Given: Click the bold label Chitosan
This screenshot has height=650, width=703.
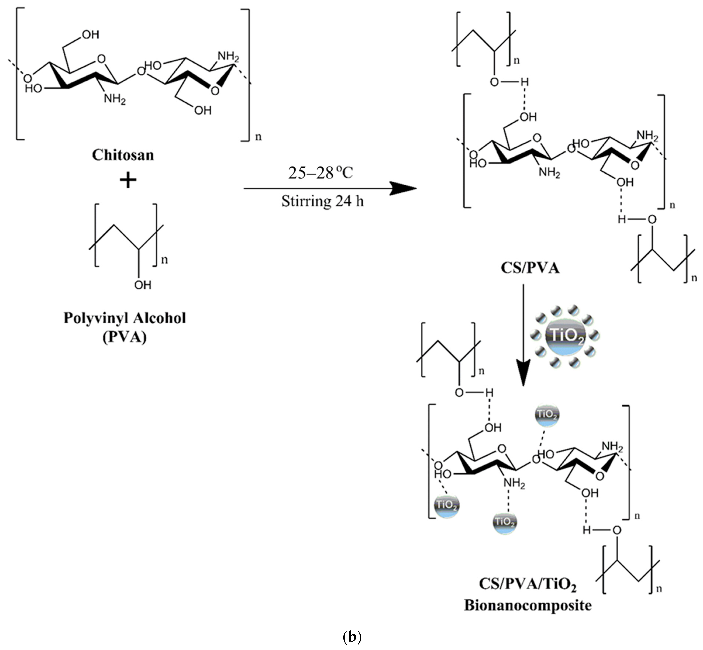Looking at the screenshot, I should (123, 155).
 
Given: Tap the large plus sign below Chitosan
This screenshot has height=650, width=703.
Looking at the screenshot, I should (128, 181).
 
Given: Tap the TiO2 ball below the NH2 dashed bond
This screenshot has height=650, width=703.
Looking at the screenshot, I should (505, 522).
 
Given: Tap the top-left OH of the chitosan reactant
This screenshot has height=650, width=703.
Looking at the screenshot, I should (90, 34).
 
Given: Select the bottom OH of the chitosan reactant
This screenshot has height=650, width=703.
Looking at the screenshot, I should (203, 110).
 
